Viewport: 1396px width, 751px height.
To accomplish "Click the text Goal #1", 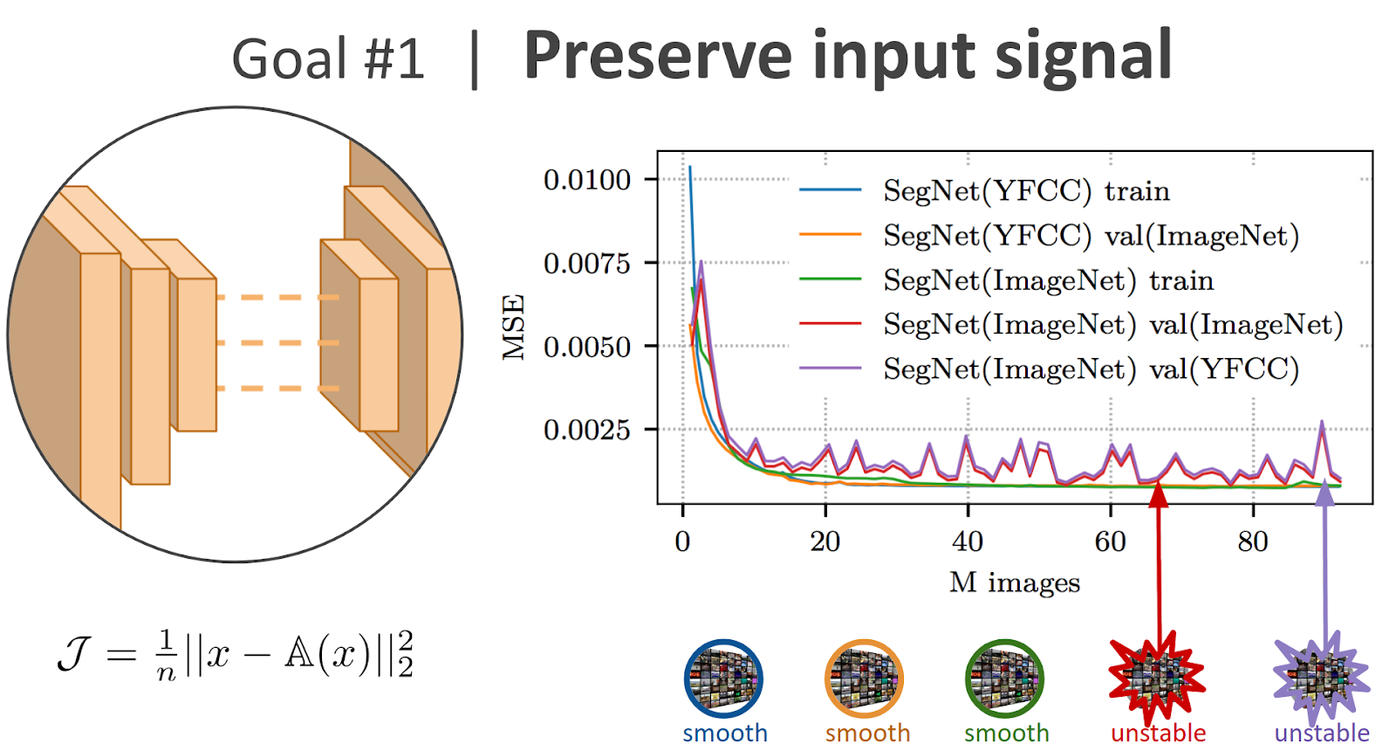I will point(328,59).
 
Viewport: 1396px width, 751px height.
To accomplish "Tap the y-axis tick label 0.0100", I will point(586,180).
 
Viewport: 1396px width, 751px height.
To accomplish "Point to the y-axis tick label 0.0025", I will point(586,430).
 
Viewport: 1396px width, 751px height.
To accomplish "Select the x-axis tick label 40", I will point(968,541).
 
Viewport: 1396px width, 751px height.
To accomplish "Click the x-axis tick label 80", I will point(1253,541).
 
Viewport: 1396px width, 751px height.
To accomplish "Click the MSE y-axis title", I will point(514,327).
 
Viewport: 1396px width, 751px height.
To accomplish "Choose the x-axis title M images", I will point(1015,582).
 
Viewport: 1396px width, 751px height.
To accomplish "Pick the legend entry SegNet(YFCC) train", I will point(1026,190).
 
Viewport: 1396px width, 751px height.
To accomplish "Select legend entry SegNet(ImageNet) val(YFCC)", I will point(1091,369).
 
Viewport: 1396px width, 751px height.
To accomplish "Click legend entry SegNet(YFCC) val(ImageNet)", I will point(1091,235).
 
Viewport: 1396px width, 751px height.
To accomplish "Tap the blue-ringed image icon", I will point(723,679).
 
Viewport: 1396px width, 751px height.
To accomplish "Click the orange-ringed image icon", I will point(864,679).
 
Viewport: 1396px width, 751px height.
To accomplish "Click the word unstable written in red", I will point(1158,734).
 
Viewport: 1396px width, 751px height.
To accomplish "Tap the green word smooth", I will point(1006,734).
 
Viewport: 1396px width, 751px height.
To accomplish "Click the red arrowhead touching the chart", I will point(1158,493).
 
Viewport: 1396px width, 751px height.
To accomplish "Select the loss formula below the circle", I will point(236,655).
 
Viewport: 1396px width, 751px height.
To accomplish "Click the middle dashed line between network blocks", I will point(277,342).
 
